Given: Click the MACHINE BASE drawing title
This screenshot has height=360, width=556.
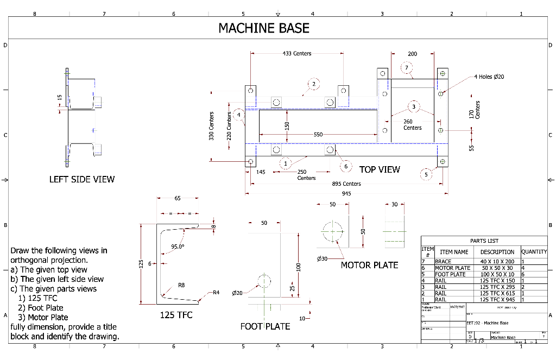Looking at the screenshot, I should [x=264, y=28].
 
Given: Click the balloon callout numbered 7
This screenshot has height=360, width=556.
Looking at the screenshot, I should [x=407, y=68].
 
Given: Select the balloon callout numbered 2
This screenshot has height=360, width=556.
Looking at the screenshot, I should [x=313, y=84].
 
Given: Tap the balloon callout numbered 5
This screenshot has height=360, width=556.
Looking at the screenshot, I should [x=427, y=175].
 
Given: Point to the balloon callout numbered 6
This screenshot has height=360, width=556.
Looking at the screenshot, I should [x=345, y=166].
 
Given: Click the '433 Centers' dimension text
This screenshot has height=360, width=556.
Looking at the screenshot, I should [x=297, y=54].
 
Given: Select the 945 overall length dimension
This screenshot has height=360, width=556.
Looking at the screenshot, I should [x=346, y=193].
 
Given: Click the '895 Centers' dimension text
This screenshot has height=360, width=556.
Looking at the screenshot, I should [x=346, y=184].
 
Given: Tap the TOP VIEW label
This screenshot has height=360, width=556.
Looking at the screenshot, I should [x=380, y=169].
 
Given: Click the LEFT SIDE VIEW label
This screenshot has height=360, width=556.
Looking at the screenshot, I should [x=82, y=179].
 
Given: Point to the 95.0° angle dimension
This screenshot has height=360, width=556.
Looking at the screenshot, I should [x=178, y=247].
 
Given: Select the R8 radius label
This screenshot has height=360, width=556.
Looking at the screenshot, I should [x=181, y=285].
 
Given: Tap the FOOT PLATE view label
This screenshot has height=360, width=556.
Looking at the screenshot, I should [x=265, y=326].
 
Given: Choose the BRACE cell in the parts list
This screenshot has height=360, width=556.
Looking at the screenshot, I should [x=443, y=262].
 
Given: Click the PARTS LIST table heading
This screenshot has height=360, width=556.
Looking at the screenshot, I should [x=484, y=241].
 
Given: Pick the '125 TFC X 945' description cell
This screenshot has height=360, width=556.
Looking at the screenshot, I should [x=497, y=299].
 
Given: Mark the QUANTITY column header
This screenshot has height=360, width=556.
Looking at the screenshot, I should [x=534, y=252].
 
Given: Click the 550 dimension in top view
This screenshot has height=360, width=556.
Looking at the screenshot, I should [x=319, y=134].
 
